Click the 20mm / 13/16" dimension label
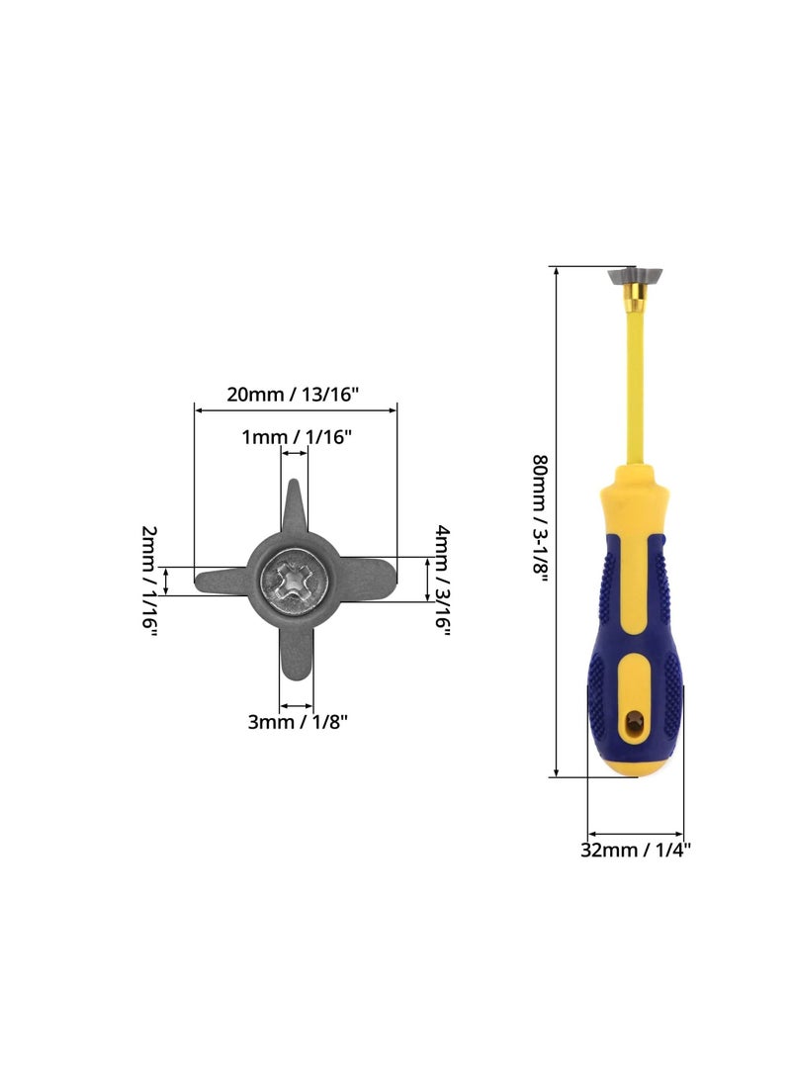(x=293, y=395)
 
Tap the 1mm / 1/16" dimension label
(x=297, y=437)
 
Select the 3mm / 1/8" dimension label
(x=298, y=722)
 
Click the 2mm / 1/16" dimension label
(x=149, y=581)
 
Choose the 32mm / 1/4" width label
(x=635, y=850)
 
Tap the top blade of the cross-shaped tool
(x=294, y=505)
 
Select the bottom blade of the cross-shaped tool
(x=297, y=654)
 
